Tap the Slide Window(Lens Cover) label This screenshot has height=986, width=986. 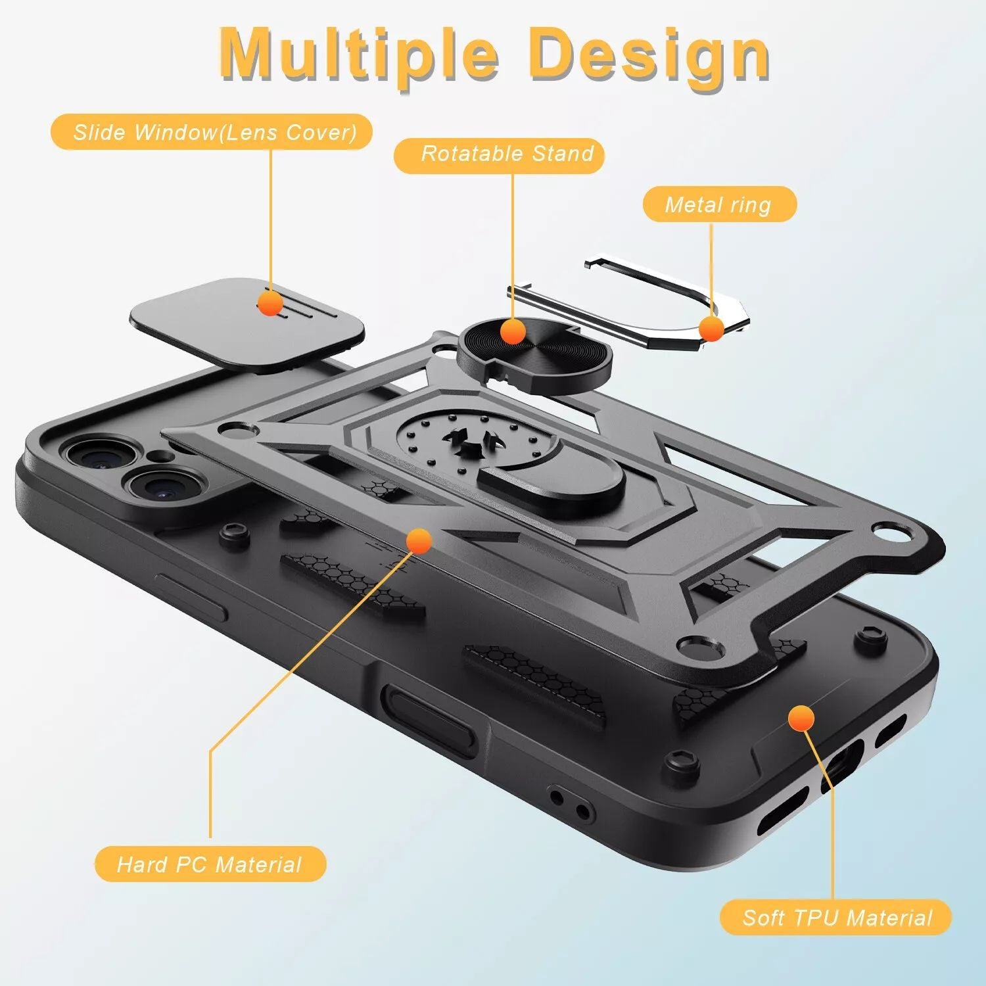click(212, 132)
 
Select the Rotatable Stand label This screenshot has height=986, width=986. click(499, 155)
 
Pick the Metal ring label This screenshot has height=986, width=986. click(719, 204)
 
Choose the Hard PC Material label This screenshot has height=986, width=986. click(210, 864)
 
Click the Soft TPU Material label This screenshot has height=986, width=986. click(836, 917)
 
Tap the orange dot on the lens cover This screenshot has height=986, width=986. click(270, 302)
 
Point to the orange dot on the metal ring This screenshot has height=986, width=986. click(711, 329)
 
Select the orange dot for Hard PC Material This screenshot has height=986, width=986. click(419, 541)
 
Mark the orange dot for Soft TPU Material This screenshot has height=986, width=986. click(801, 718)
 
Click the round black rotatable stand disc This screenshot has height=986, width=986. click(534, 355)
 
